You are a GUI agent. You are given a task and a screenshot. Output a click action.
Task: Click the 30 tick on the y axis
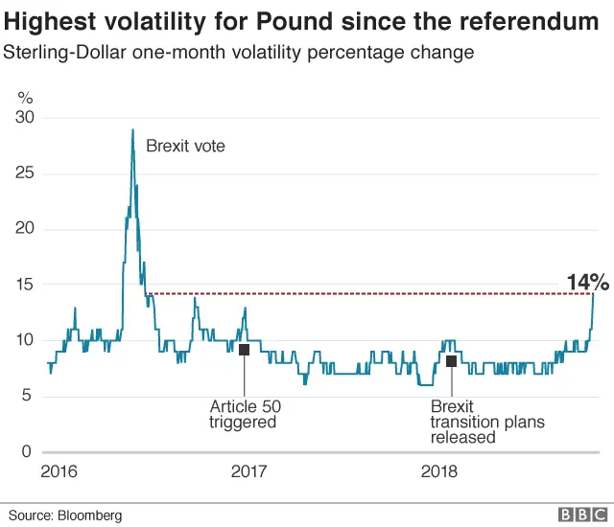pos(25,118)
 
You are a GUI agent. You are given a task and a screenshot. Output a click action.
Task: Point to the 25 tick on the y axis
pos(25,173)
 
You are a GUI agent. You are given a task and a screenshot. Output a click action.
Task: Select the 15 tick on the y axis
pos(25,285)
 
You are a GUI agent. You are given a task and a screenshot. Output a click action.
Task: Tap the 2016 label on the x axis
pos(60,471)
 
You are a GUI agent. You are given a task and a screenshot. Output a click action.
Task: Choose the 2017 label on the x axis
pos(248,471)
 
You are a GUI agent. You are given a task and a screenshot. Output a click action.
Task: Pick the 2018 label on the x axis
pos(439,471)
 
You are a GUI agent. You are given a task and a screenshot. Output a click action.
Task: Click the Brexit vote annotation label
pos(184,147)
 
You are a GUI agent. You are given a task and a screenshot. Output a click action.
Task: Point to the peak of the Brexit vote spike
pos(132,129)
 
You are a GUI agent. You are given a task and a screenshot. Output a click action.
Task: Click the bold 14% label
pos(587,282)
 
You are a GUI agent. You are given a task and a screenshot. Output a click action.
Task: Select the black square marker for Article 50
pos(244,350)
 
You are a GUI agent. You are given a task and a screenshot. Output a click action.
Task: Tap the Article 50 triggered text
pos(245,414)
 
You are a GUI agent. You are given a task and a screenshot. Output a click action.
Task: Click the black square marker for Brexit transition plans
pos(451,360)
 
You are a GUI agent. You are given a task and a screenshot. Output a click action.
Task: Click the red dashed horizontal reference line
pos(365,293)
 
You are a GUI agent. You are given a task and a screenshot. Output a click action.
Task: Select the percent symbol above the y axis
pos(27,97)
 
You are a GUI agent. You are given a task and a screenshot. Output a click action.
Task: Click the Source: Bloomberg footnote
pos(66,516)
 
